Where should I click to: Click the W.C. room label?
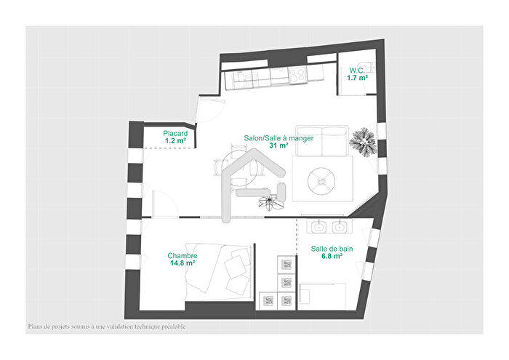coord(356,71)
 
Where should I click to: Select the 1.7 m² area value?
coord(356,78)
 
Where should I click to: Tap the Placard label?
coord(175,134)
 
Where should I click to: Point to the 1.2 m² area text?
coord(175,141)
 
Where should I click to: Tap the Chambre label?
coord(182,256)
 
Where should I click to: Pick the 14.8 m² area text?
coord(182,264)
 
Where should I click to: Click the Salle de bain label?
coord(332,249)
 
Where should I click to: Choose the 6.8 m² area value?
coord(332,257)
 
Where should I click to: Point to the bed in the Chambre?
coord(217,270)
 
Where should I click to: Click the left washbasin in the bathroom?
coord(318,226)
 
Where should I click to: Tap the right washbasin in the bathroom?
coord(338,226)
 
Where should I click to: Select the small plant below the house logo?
coord(273,203)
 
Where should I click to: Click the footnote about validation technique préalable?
coord(107,327)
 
